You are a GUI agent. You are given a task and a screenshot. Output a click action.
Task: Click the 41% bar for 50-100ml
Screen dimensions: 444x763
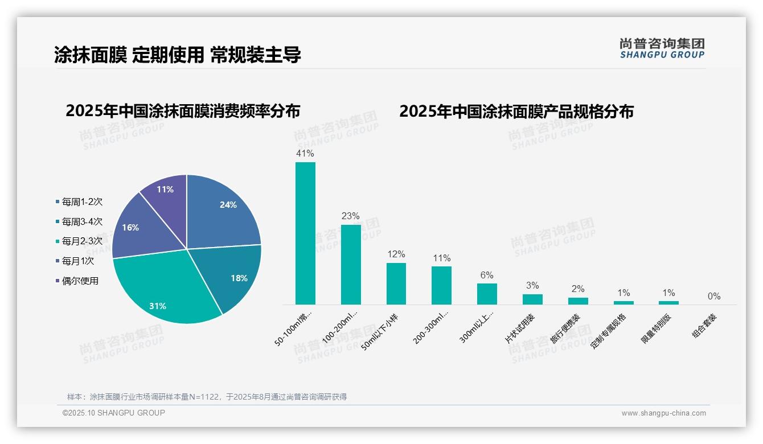(305, 233)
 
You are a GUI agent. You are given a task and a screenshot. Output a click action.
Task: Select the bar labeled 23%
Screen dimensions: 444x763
(351, 265)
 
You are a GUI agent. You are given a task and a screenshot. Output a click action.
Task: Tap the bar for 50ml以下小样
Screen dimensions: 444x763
(396, 283)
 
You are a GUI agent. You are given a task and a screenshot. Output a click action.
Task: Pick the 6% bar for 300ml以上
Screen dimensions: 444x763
(487, 294)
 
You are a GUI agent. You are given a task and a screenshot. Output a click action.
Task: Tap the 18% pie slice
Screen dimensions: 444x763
(233, 276)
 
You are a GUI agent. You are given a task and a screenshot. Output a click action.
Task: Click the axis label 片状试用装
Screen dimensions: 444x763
(520, 328)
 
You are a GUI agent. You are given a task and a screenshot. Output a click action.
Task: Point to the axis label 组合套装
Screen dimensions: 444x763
(704, 326)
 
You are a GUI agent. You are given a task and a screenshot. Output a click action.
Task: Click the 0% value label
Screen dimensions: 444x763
(714, 297)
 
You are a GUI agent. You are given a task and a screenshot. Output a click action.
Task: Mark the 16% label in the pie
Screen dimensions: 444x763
(130, 228)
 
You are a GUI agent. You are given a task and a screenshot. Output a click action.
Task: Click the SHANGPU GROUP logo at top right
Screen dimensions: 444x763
(662, 48)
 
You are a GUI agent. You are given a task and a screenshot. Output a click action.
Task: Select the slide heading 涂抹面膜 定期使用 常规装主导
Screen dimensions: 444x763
(178, 55)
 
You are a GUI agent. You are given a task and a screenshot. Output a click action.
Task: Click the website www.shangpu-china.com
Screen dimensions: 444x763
(663, 413)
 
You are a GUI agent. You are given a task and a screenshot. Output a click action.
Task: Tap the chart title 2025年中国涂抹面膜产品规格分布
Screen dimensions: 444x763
(516, 112)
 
